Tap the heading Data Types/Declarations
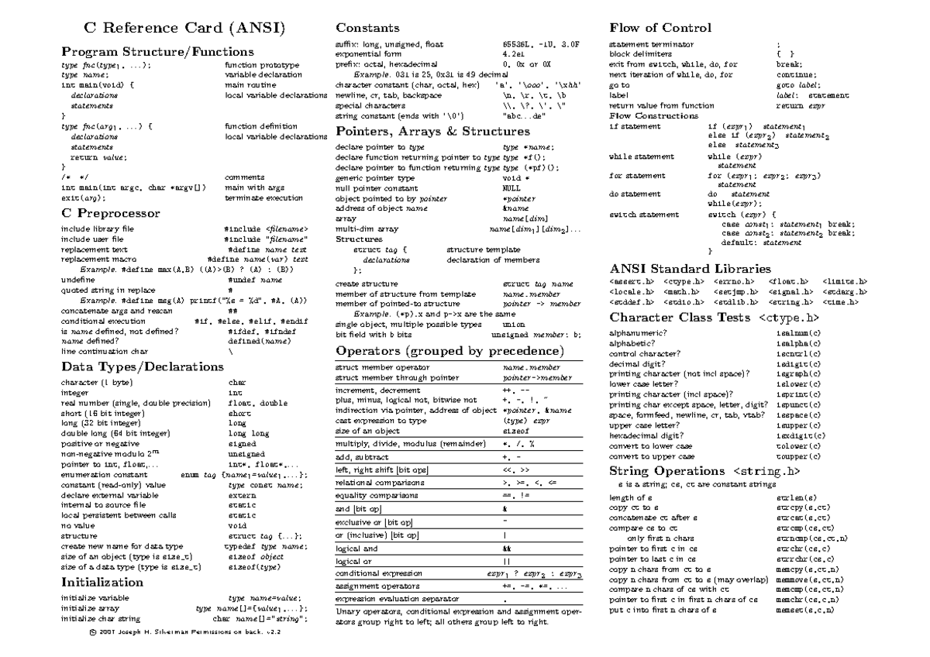coord(142,366)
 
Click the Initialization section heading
coord(102,582)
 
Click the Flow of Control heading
coord(660,28)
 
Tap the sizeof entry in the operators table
coord(516,430)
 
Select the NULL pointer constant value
coord(511,188)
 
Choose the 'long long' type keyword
coord(249,434)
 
